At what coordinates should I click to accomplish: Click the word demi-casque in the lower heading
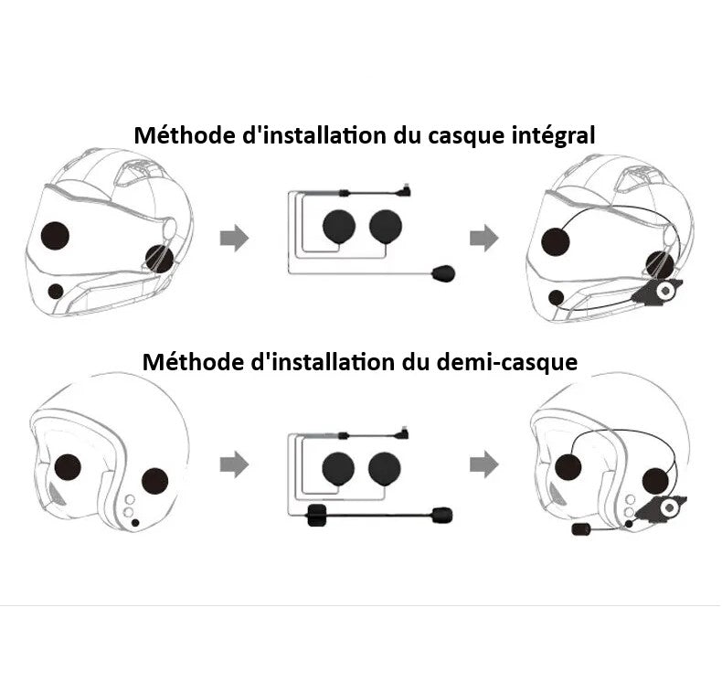click(x=506, y=362)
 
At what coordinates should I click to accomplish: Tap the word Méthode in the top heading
click(x=184, y=135)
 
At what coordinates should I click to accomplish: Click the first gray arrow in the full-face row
click(x=234, y=239)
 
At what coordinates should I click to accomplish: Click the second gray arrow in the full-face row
click(x=484, y=239)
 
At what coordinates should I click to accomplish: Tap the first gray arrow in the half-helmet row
click(x=234, y=464)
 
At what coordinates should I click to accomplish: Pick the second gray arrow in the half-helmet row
click(x=484, y=464)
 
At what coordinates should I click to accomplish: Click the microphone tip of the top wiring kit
click(x=443, y=273)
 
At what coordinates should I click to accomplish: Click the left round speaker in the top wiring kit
click(x=339, y=228)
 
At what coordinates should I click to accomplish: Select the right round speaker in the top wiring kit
click(x=386, y=228)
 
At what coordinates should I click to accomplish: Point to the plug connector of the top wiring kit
click(x=405, y=190)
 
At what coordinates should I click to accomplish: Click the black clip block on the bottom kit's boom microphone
click(x=316, y=516)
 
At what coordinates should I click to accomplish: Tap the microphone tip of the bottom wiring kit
click(x=442, y=515)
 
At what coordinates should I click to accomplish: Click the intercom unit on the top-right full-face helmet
click(x=657, y=292)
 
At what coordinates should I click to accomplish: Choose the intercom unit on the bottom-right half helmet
click(x=661, y=508)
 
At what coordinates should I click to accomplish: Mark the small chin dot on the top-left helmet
click(x=56, y=292)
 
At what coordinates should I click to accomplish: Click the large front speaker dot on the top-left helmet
click(x=55, y=236)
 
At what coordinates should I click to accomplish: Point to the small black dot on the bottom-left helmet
click(x=135, y=523)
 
